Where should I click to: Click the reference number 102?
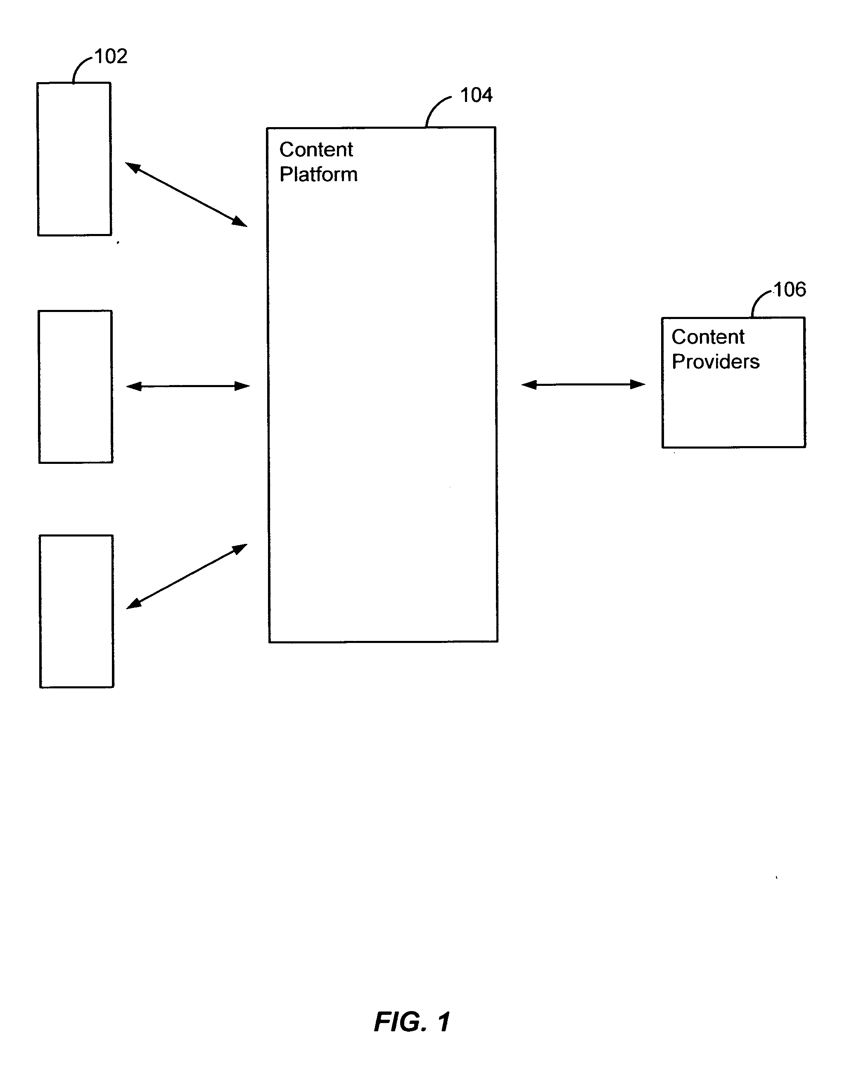(111, 56)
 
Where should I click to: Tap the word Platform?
(318, 174)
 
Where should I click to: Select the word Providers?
(716, 361)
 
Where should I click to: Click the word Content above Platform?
(316, 149)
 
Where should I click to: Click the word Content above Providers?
(708, 337)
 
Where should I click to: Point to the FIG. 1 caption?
(413, 1022)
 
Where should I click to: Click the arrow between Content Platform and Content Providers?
(583, 384)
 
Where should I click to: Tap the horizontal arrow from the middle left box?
(188, 386)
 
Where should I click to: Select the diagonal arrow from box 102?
(186, 194)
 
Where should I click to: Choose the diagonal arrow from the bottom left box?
(186, 576)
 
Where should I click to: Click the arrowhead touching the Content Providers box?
(638, 384)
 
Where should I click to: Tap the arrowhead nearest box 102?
(132, 166)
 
